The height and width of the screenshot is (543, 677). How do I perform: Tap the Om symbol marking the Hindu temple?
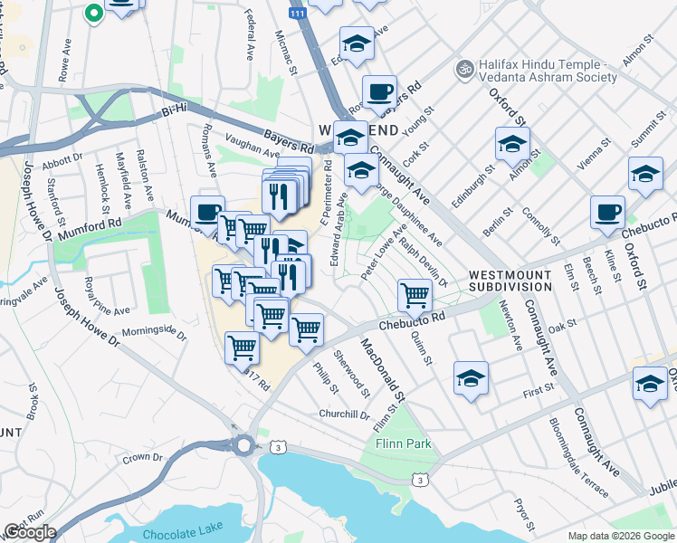click(465, 67)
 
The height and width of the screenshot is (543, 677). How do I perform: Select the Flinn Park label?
click(404, 444)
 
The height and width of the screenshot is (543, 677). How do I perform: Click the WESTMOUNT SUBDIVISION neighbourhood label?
click(510, 280)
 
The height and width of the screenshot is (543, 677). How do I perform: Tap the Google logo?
click(30, 532)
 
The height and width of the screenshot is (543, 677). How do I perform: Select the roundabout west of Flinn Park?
click(243, 445)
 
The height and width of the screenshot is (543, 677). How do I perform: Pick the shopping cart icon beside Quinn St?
click(415, 293)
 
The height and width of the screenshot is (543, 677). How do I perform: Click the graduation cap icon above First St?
click(471, 377)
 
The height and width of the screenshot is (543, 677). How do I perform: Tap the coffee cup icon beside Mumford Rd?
click(208, 212)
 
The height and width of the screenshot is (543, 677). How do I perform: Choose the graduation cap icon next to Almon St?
click(512, 143)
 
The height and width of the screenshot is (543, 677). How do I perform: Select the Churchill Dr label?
click(345, 414)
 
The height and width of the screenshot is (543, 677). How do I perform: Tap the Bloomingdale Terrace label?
click(579, 457)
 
